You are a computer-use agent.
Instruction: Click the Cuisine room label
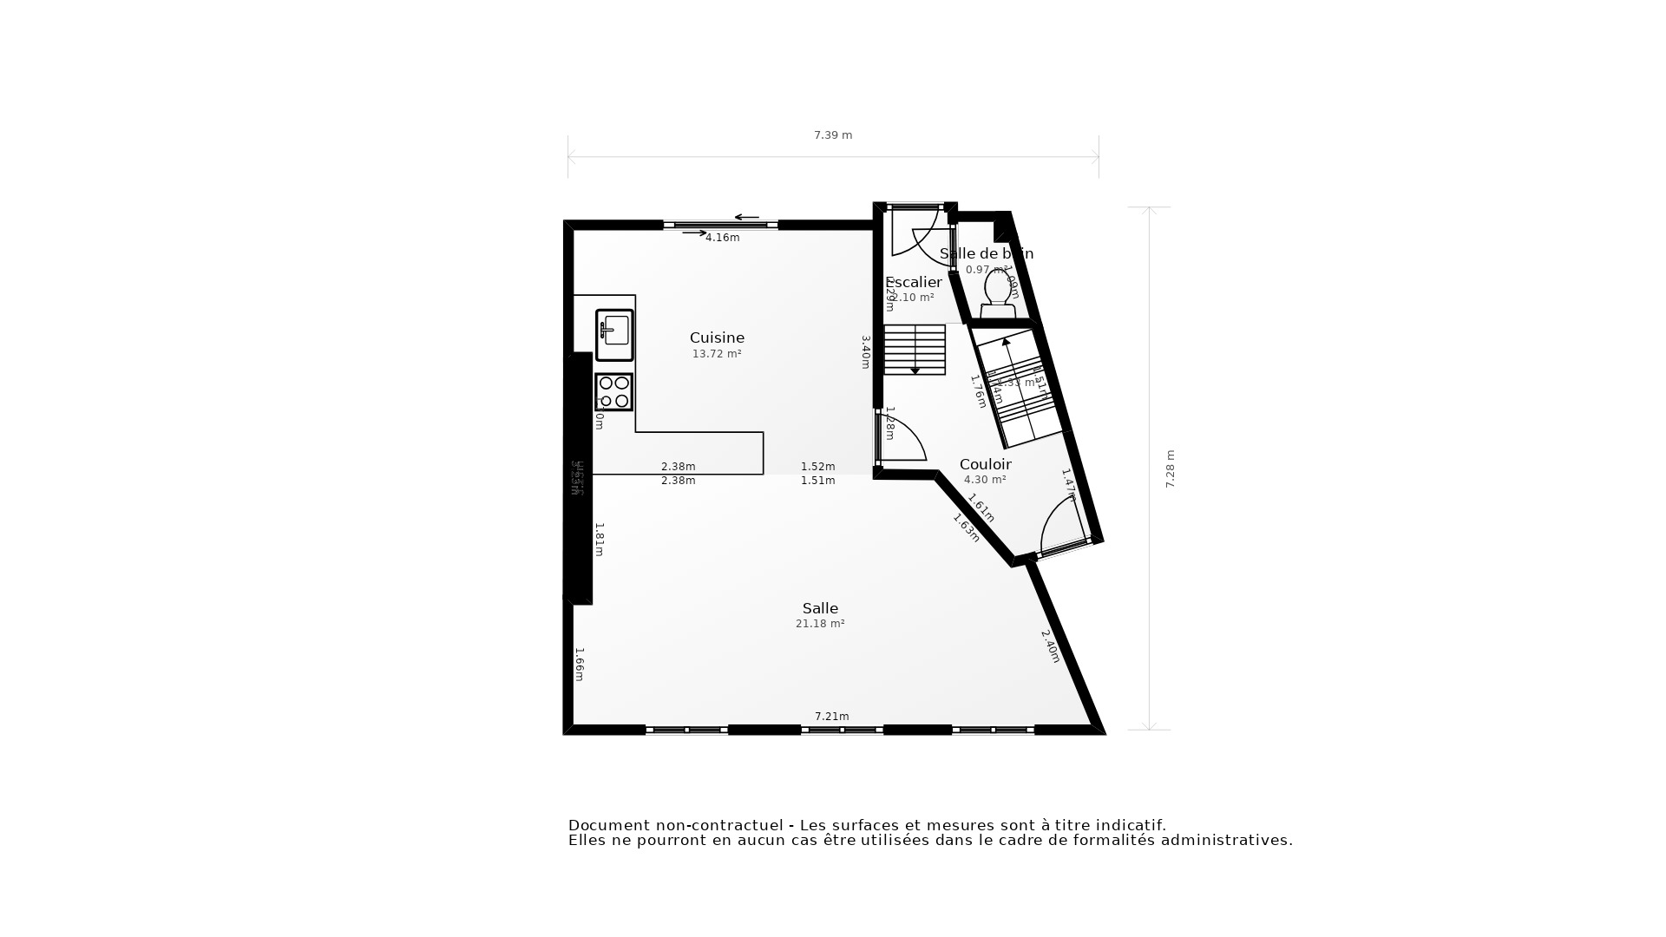pyautogui.click(x=717, y=337)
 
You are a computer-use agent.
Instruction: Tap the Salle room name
pyautogui.click(x=820, y=608)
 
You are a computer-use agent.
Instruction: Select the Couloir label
pyautogui.click(x=985, y=464)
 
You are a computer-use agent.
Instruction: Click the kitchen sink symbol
pyautogui.click(x=614, y=334)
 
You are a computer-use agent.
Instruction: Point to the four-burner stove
pyautogui.click(x=614, y=392)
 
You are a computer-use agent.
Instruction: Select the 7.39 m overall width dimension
pyautogui.click(x=833, y=135)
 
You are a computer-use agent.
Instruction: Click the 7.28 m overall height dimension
pyautogui.click(x=1170, y=468)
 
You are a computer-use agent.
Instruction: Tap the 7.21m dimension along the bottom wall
pyautogui.click(x=831, y=716)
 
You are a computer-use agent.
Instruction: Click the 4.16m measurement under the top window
pyautogui.click(x=722, y=238)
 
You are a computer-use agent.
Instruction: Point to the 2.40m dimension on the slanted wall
pyautogui.click(x=1050, y=646)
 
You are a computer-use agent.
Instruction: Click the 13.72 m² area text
pyautogui.click(x=717, y=354)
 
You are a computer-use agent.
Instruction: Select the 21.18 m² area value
pyautogui.click(x=820, y=624)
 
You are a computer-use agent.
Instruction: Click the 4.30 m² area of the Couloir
pyautogui.click(x=985, y=480)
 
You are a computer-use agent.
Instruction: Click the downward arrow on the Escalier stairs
pyautogui.click(x=915, y=371)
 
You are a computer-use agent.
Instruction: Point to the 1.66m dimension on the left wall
pyautogui.click(x=579, y=664)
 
